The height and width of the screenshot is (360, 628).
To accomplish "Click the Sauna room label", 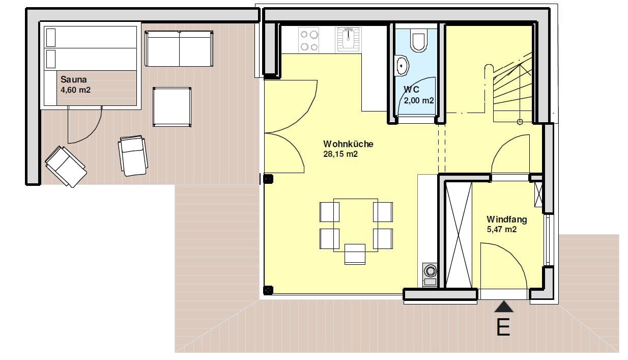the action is point(73,79).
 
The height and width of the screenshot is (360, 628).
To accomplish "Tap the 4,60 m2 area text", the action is point(75,90).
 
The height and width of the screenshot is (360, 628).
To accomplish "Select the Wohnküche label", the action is point(348,144).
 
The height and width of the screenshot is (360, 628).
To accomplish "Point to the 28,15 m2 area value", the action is point(340,154).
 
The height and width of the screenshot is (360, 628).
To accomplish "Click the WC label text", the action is point(411,89).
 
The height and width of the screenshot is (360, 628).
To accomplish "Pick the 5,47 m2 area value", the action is point(502,229).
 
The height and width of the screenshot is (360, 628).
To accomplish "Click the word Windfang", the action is point(507,219).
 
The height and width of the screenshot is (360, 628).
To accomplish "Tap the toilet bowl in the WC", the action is point(418,41).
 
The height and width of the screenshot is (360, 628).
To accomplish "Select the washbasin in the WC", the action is point(402,66).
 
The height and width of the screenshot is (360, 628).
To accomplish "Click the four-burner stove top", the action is point(309,39).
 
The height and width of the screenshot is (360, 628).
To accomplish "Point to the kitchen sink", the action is point(348,39).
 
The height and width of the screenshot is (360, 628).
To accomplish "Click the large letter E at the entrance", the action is point(503,327).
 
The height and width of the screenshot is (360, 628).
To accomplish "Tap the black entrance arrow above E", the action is point(504,307).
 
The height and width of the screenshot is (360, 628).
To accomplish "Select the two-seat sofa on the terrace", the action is point(179,48).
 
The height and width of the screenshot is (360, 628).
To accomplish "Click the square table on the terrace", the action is point(172,107).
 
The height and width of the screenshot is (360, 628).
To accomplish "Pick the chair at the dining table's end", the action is point(355,254).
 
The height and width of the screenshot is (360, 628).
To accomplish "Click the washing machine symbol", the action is point(430,274).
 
